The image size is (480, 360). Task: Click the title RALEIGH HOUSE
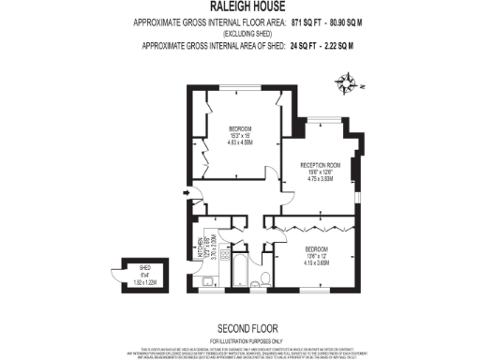click(240, 7)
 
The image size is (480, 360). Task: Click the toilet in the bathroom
click(266, 278)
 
